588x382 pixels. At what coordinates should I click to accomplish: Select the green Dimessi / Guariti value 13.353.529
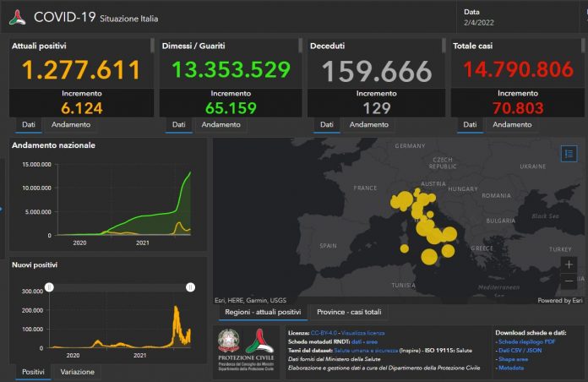[226, 69]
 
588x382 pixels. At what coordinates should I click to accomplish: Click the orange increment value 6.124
[81, 108]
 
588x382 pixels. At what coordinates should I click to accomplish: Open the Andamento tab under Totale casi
[512, 124]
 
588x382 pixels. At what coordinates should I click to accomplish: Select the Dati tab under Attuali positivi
[28, 124]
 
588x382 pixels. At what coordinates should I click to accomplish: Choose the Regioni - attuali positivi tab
[261, 312]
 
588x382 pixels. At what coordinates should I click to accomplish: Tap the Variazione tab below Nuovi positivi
[77, 372]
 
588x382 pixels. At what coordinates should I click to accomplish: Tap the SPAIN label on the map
[329, 246]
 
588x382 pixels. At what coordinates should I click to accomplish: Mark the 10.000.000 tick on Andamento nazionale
[34, 188]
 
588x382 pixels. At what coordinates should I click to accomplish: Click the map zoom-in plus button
[568, 265]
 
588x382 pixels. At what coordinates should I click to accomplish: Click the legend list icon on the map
[568, 154]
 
